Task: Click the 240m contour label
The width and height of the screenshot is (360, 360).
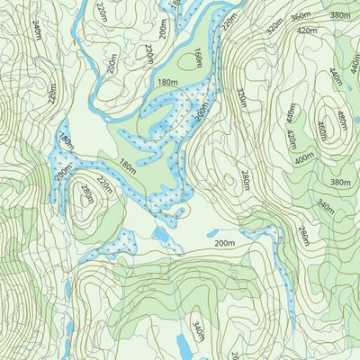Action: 37,31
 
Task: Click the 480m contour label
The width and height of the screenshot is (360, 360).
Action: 341,119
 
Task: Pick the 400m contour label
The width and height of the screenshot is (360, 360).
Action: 304,157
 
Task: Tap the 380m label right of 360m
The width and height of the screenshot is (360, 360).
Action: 339,15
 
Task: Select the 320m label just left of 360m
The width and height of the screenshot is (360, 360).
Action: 274,24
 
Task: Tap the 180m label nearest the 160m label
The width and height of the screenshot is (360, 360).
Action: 167,82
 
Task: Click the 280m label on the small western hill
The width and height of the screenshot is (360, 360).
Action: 86,193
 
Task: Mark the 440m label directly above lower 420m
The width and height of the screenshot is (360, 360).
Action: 290,113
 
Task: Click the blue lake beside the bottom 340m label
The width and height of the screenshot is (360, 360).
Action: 183,344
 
